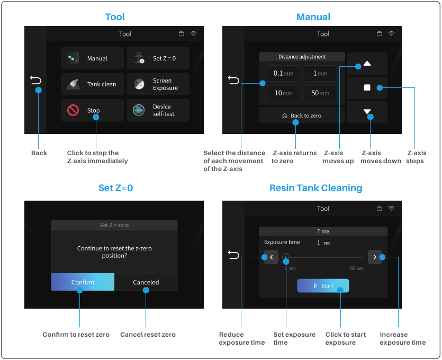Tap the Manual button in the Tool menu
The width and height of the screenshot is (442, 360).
coord(92,58)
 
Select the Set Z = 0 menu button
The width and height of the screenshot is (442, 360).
coord(158,58)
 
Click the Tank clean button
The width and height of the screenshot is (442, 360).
coord(92,84)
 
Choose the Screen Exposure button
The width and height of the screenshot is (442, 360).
coord(158,84)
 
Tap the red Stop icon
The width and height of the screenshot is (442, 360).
coord(73,110)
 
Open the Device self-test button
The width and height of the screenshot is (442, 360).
coord(158,110)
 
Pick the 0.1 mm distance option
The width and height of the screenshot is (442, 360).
coord(283,73)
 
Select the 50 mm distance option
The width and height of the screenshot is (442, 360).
coord(320,93)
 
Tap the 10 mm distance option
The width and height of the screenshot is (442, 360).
coord(283,93)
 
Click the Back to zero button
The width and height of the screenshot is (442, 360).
coord(302,115)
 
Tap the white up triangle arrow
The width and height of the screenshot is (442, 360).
coord(367,64)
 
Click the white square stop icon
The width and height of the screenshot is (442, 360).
coord(367,87)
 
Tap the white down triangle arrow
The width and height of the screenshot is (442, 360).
coord(367,111)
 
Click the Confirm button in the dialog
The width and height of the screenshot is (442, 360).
coord(83,282)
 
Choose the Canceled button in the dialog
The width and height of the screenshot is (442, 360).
coord(146,282)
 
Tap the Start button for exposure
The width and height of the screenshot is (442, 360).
coord(323,285)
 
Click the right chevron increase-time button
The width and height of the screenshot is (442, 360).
coord(375,257)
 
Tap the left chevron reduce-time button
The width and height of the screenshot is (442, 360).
coord(271,257)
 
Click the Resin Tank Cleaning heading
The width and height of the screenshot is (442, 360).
coord(315,188)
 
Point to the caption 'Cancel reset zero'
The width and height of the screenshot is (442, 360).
coord(148,335)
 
